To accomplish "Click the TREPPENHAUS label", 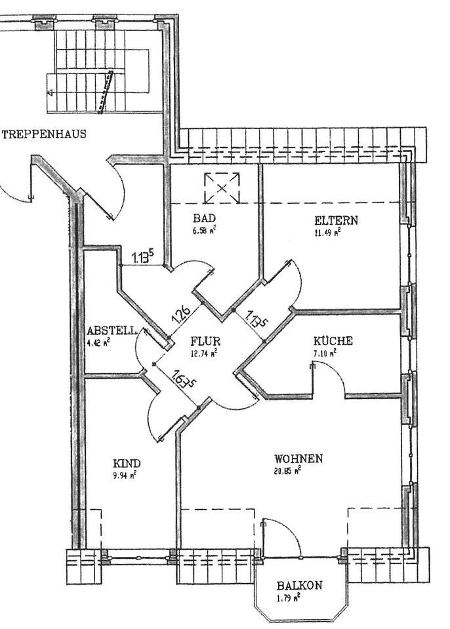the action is [44, 135].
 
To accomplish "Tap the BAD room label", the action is [204, 218].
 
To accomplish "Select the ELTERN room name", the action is [336, 219].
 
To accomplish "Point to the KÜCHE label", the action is [333, 341].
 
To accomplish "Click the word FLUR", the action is [205, 341].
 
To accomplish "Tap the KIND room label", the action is [127, 463].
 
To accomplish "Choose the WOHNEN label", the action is [298, 459].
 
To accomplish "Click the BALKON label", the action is [298, 585].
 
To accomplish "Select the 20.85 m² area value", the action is [288, 470].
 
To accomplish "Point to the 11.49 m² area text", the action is [328, 231].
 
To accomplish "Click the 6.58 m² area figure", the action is [205, 231].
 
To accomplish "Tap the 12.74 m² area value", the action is [205, 353].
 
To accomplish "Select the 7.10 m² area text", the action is [324, 353].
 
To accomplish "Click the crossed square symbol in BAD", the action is [221, 188].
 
